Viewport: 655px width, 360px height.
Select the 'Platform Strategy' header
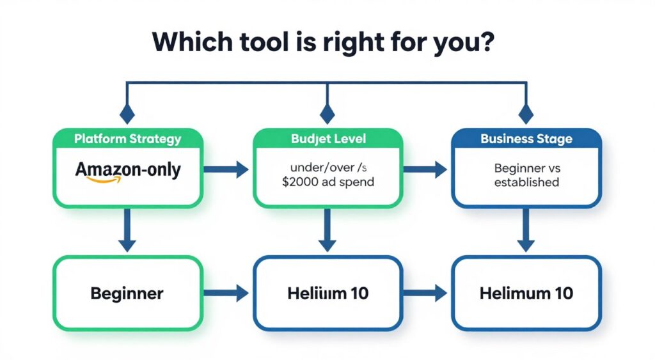coord(128,139)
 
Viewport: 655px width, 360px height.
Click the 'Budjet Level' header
coord(327,139)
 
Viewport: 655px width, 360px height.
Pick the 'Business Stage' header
coord(526,139)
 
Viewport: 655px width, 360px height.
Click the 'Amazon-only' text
coord(128,170)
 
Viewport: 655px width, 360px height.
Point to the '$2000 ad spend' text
coord(327,182)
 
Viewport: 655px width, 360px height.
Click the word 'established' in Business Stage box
coord(526,182)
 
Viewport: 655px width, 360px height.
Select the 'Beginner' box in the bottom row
coord(127,293)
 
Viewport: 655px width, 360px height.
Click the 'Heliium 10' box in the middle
coord(327,293)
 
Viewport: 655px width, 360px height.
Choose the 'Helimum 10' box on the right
coord(526,293)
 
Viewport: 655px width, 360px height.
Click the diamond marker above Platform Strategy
coord(128,114)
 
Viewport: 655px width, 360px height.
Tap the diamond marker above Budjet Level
coord(327,114)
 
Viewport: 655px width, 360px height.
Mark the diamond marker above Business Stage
coord(526,114)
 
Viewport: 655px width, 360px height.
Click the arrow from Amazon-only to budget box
coord(228,169)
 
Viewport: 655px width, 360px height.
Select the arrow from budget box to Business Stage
coord(427,169)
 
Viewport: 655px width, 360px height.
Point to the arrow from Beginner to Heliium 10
coord(228,293)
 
